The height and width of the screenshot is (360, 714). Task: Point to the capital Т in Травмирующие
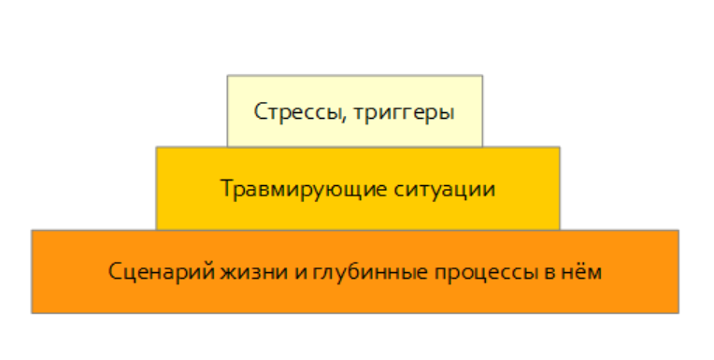[226, 187]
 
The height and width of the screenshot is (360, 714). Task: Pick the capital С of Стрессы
[260, 112]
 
